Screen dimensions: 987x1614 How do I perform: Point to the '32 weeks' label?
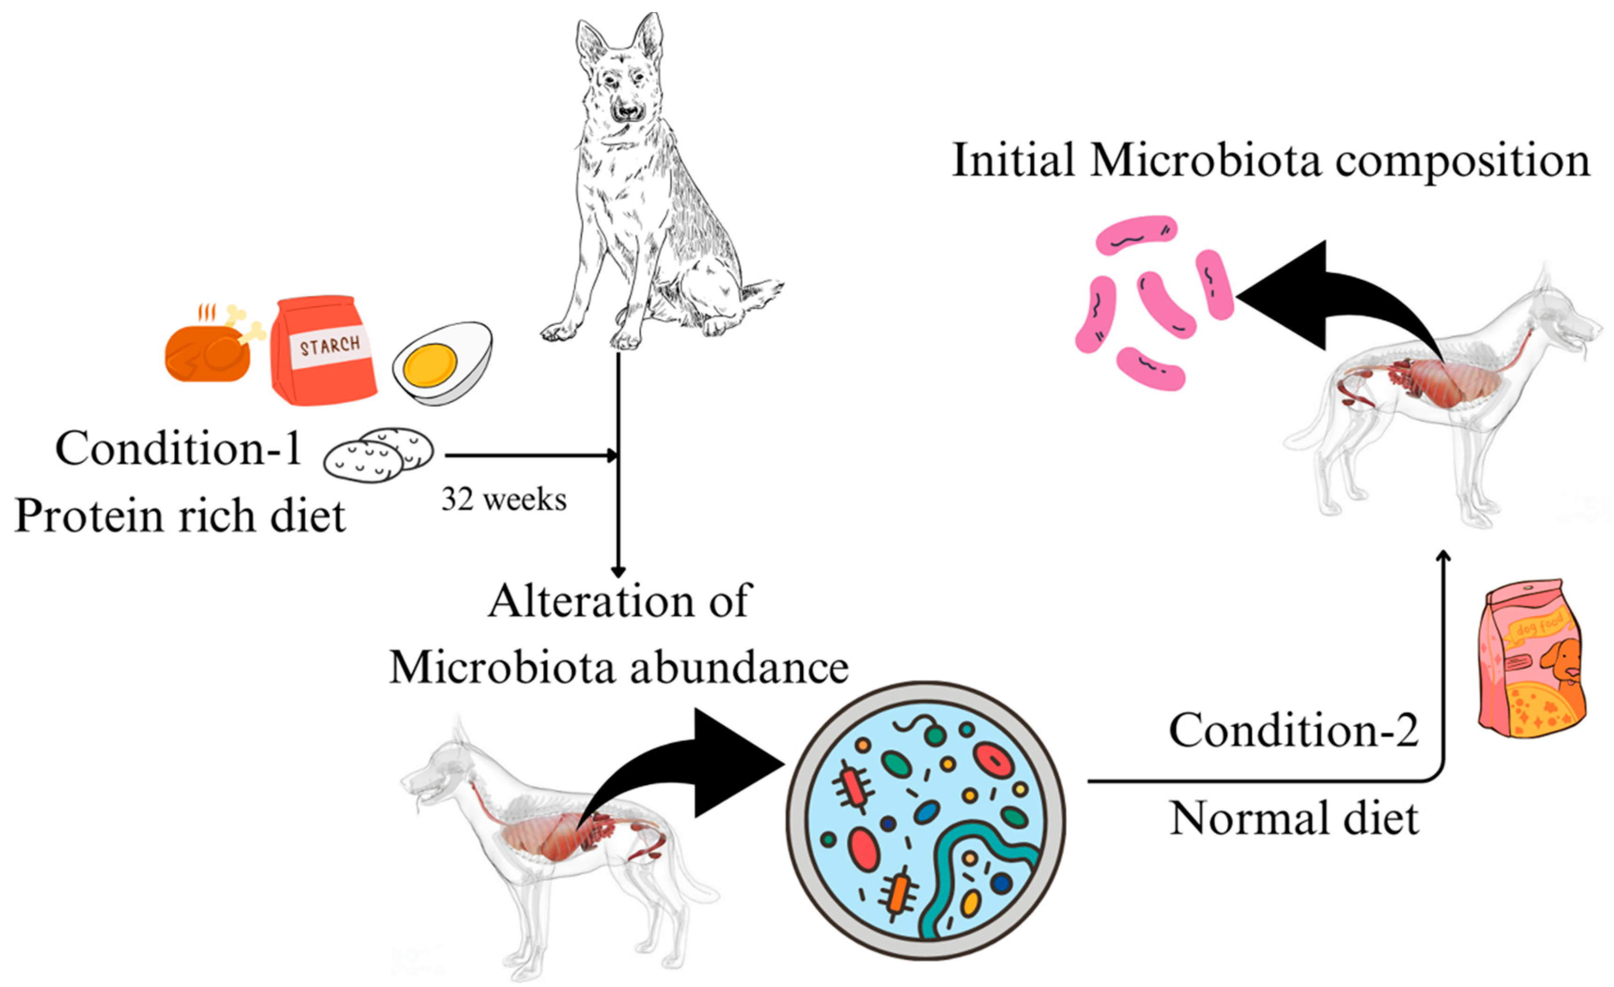pos(503,500)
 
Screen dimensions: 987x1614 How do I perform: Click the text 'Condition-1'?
pos(178,448)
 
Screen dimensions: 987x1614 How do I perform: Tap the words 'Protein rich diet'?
pos(180,516)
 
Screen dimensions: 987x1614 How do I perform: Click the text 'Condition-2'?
pos(1294,730)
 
